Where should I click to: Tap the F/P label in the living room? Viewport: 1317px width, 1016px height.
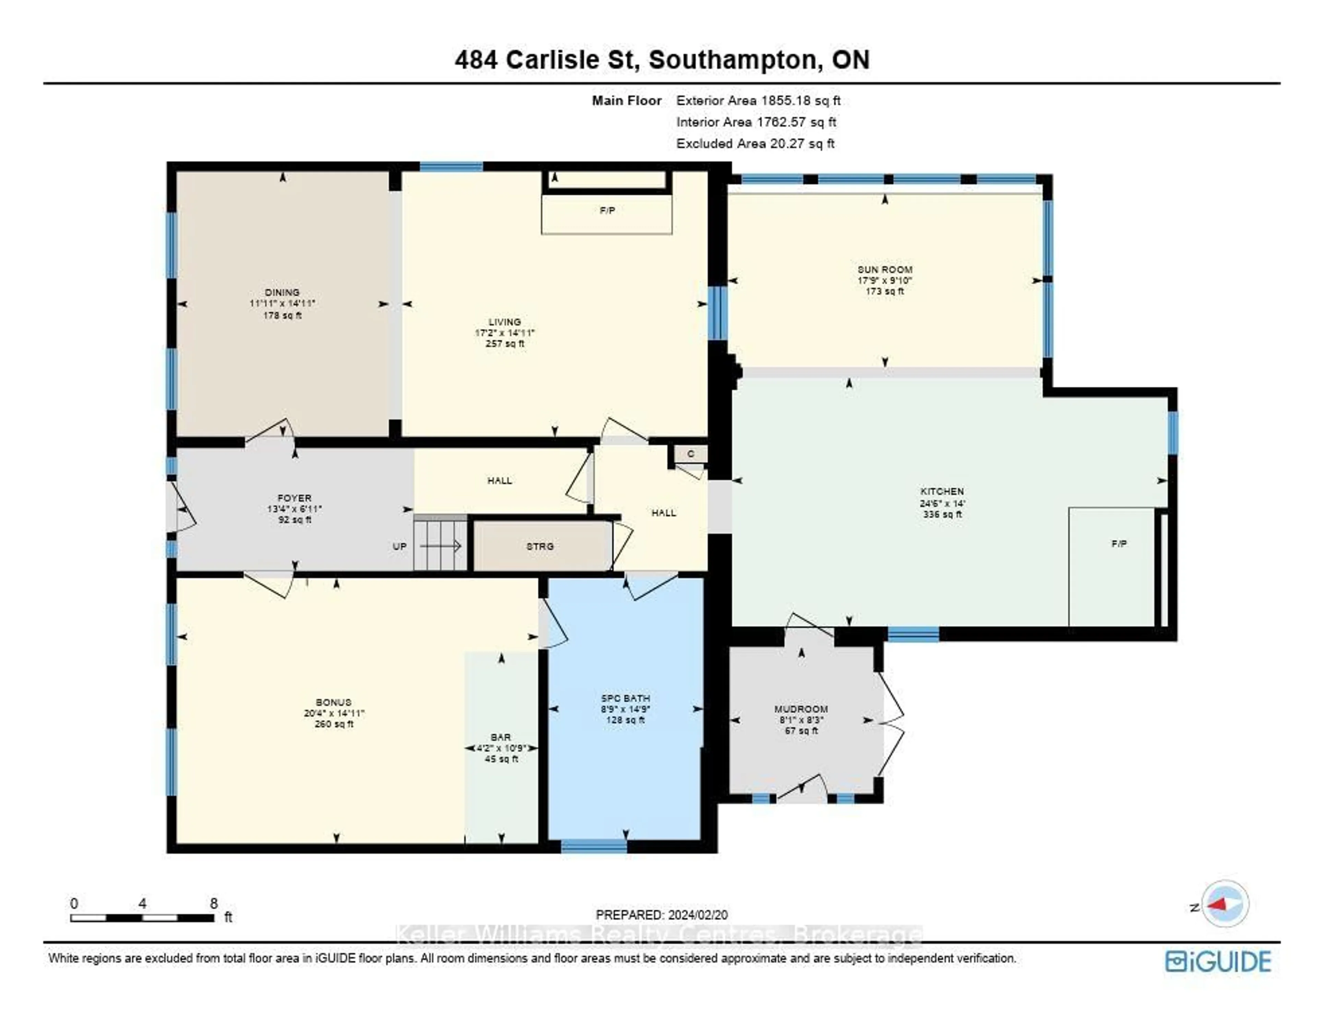click(x=607, y=211)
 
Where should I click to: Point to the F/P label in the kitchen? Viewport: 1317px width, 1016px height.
click(x=1119, y=543)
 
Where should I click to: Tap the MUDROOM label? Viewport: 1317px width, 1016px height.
click(x=801, y=709)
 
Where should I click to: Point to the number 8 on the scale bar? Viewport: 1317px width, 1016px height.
click(x=213, y=903)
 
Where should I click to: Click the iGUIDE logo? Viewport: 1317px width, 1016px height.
click(x=1218, y=961)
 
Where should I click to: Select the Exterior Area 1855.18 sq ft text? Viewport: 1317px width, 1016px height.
click(x=758, y=101)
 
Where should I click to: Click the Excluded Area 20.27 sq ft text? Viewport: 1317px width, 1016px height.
click(x=755, y=144)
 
